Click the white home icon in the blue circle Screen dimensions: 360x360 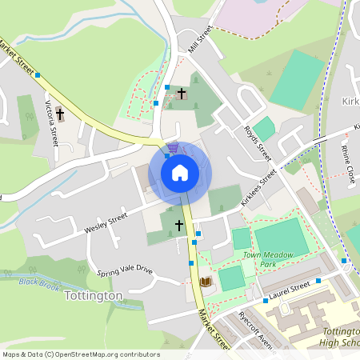[179, 172]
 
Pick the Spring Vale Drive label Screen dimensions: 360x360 [124, 271]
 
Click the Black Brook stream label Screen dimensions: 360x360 [40, 282]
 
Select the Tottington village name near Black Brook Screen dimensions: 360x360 [92, 296]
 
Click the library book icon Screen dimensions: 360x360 [205, 282]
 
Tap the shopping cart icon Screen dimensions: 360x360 [173, 148]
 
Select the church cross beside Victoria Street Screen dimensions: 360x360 [60, 114]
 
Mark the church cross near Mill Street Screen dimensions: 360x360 [182, 94]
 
